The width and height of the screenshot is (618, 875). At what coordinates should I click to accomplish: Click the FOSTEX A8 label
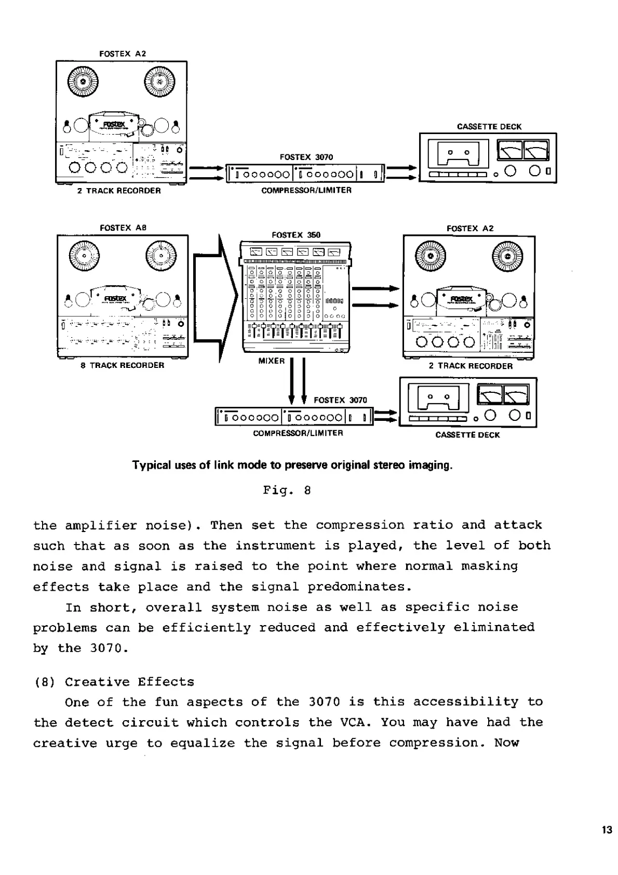pos(123,228)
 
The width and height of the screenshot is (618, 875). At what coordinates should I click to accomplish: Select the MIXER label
pos(271,361)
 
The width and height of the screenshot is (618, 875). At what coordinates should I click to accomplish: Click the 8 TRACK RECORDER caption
pos(123,365)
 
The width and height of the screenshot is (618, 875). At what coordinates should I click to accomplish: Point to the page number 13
pos(607,830)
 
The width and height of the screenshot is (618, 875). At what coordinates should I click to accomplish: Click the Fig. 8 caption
pos(287,490)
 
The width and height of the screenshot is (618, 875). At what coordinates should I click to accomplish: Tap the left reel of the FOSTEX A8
pos(84,258)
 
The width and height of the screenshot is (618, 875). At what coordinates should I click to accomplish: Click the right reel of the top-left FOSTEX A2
pos(159,83)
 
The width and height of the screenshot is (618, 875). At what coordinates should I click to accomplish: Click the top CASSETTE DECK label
pos(489,126)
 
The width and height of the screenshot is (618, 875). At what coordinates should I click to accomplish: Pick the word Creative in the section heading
pos(97,682)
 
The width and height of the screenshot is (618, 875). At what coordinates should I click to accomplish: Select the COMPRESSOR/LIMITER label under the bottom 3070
pos(298,433)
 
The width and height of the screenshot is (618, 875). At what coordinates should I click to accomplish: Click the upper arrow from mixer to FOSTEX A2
pos(375,289)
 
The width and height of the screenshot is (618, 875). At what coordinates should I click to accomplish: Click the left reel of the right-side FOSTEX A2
pos(430,257)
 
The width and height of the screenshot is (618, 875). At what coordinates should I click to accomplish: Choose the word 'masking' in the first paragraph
pos(489,566)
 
